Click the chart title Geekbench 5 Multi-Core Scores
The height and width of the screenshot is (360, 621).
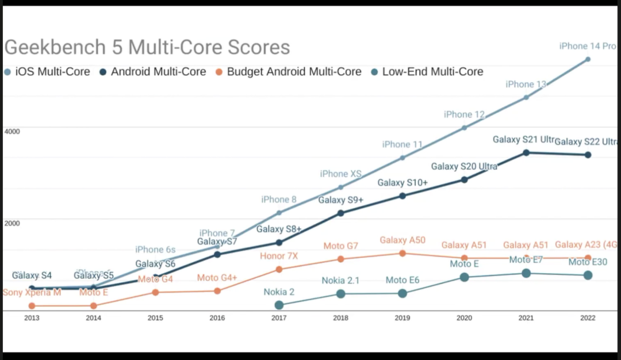147,47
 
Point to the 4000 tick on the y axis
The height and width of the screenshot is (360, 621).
13,131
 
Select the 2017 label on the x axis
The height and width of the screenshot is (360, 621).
279,318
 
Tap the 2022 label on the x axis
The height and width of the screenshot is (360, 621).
588,318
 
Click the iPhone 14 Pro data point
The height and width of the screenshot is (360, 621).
588,59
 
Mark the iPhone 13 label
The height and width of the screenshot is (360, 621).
526,85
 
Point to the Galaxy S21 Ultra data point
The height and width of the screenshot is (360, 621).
526,152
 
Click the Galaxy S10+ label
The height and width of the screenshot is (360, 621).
402,183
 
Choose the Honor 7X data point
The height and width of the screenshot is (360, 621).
279,269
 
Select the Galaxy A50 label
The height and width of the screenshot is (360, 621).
402,240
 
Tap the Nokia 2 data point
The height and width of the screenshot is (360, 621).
279,305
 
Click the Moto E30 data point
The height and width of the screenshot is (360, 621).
588,275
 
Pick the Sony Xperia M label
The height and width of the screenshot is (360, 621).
32,293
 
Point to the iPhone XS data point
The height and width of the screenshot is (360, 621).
340,187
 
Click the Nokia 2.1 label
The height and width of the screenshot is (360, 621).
340,281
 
